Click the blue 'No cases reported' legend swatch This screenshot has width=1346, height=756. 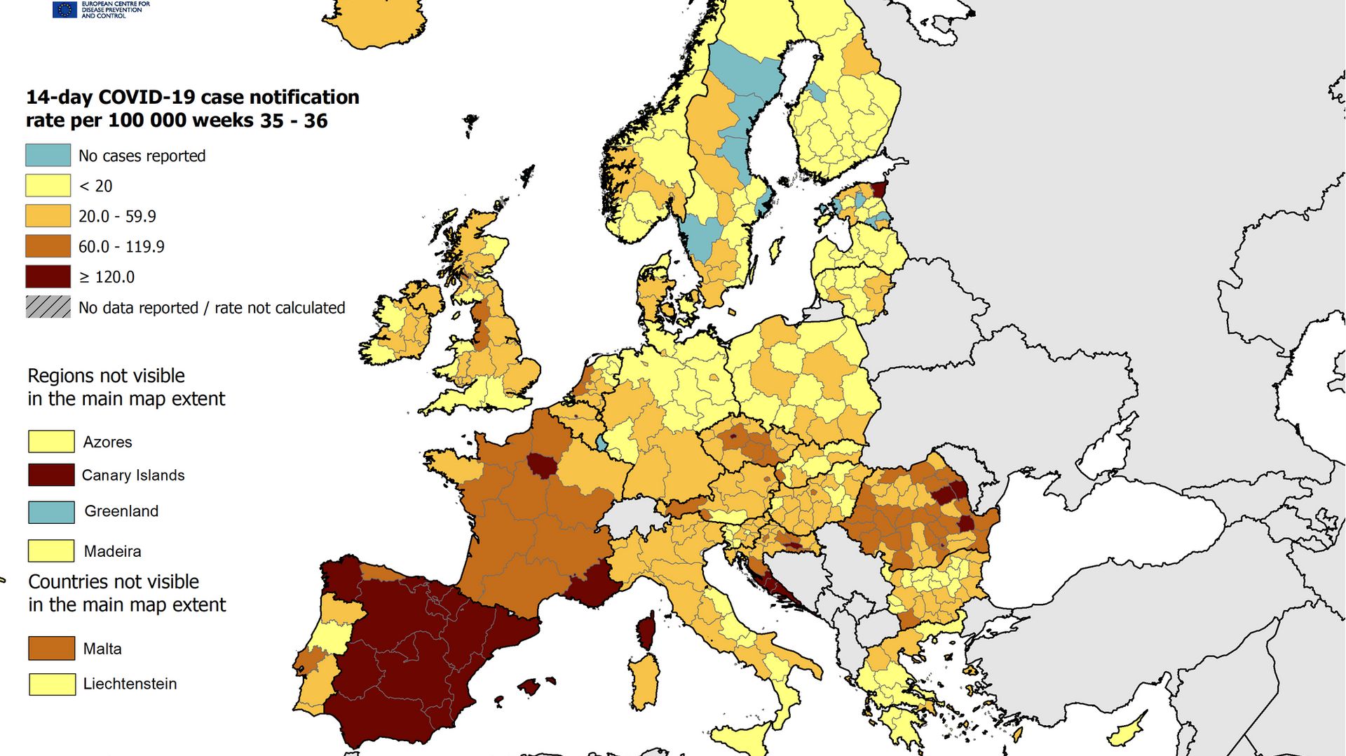pyautogui.click(x=48, y=155)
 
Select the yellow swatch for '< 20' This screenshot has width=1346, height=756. pyautogui.click(x=48, y=185)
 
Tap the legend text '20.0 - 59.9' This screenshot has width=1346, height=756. pyautogui.click(x=117, y=216)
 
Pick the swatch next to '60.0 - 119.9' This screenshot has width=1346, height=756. pyautogui.click(x=48, y=246)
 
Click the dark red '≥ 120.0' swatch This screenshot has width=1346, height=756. pyautogui.click(x=48, y=276)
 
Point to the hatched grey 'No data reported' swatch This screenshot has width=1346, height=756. pyautogui.click(x=48, y=307)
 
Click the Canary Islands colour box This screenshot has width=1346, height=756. pyautogui.click(x=51, y=475)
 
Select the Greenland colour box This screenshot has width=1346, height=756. pyautogui.click(x=51, y=512)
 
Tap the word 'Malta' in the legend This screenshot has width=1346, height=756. pyautogui.click(x=102, y=649)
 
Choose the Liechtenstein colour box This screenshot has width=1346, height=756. pyautogui.click(x=52, y=684)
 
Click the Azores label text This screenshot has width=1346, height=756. pyautogui.click(x=107, y=442)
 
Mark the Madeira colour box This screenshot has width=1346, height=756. pyautogui.click(x=51, y=551)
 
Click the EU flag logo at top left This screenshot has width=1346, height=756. pyautogui.click(x=64, y=9)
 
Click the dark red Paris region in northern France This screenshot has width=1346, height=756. pyautogui.click(x=541, y=464)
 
